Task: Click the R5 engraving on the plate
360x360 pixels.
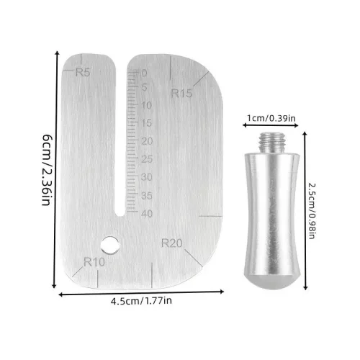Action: (83, 72)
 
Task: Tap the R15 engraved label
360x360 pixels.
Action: (181, 93)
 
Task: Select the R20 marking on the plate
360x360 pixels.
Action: (171, 243)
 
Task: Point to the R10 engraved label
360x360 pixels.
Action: (94, 262)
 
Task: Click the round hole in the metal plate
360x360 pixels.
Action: (110, 245)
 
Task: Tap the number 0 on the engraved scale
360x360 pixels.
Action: (144, 73)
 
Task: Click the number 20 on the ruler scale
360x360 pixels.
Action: (147, 141)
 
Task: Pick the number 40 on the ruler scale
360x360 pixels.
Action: (147, 213)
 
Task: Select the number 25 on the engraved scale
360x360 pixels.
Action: (147, 159)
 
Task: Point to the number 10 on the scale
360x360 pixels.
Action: (147, 105)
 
